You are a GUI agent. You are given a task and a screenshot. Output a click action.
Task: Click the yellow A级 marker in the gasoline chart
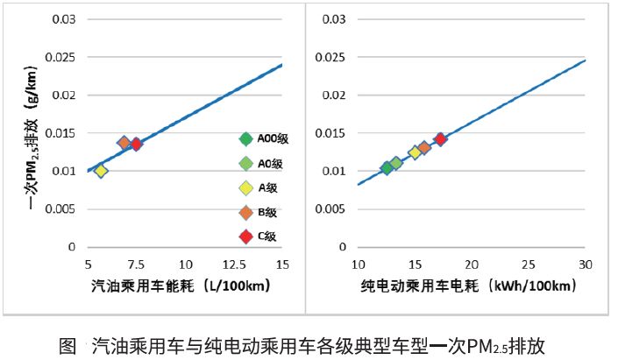(101, 171)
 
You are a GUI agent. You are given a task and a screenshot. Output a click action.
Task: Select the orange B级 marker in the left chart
(124, 143)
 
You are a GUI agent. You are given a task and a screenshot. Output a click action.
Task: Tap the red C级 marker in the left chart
(136, 145)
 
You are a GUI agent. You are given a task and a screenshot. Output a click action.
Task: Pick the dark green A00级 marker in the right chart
(387, 168)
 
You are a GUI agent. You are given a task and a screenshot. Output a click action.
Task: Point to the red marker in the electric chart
(441, 138)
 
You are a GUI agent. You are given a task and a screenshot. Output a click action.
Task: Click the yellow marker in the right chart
(416, 152)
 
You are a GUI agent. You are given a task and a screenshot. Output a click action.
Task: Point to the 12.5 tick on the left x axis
(233, 264)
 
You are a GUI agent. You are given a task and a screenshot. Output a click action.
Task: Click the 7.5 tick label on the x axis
(136, 264)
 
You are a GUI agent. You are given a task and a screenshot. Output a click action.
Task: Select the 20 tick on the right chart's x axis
(472, 264)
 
